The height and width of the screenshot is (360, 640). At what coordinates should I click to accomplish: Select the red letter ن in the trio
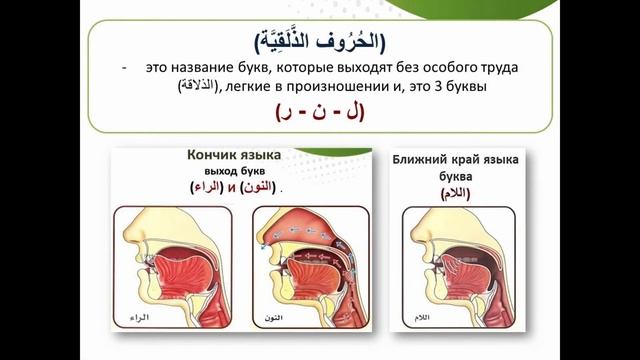click(x=320, y=114)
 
